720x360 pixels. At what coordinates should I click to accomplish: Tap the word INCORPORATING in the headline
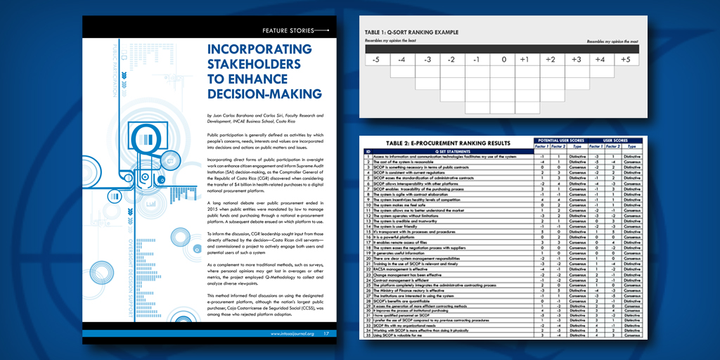[x=259, y=49]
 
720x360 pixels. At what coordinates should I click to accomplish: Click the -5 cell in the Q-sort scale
[x=375, y=60]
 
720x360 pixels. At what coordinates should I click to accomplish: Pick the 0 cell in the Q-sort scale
[x=503, y=60]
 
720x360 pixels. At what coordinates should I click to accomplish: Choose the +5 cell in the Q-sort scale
[x=624, y=60]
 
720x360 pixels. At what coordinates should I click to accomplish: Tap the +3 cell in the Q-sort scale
[x=574, y=60]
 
